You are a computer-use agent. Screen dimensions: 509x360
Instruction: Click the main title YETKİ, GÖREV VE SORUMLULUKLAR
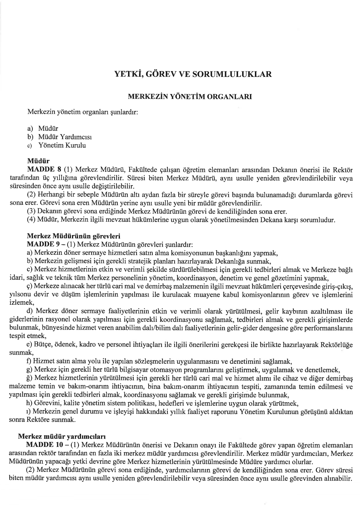pyautogui.click(x=193, y=74)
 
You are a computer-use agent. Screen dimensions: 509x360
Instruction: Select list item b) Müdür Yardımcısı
pyautogui.click(x=59, y=137)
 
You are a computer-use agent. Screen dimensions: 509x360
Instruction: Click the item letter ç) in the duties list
pyautogui.click(x=29, y=287)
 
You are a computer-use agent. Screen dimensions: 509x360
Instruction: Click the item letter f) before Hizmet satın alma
pyautogui.click(x=29, y=362)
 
